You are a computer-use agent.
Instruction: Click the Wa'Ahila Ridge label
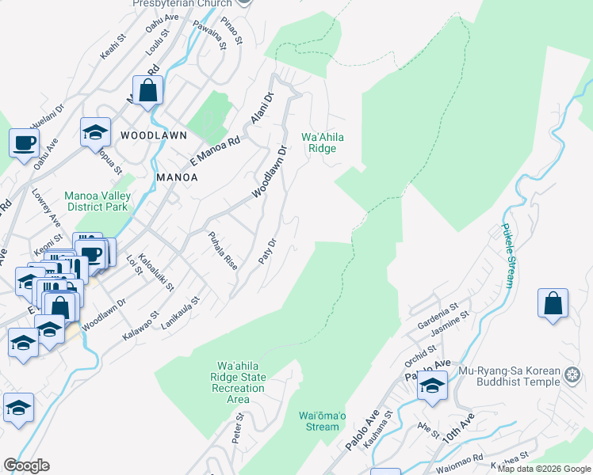coord(322,142)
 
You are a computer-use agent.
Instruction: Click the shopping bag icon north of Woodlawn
coord(147,90)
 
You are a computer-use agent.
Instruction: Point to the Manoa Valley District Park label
coord(99,202)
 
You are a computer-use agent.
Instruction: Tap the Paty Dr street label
coord(268,252)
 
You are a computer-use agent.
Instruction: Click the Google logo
coord(26,465)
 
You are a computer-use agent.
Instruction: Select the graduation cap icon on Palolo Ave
coord(432,386)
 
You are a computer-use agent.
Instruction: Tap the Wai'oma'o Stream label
coord(322,421)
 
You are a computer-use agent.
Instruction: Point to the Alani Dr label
coord(262,108)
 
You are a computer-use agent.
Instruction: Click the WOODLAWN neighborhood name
coord(153,135)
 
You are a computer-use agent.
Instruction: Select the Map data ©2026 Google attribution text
coord(543,469)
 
